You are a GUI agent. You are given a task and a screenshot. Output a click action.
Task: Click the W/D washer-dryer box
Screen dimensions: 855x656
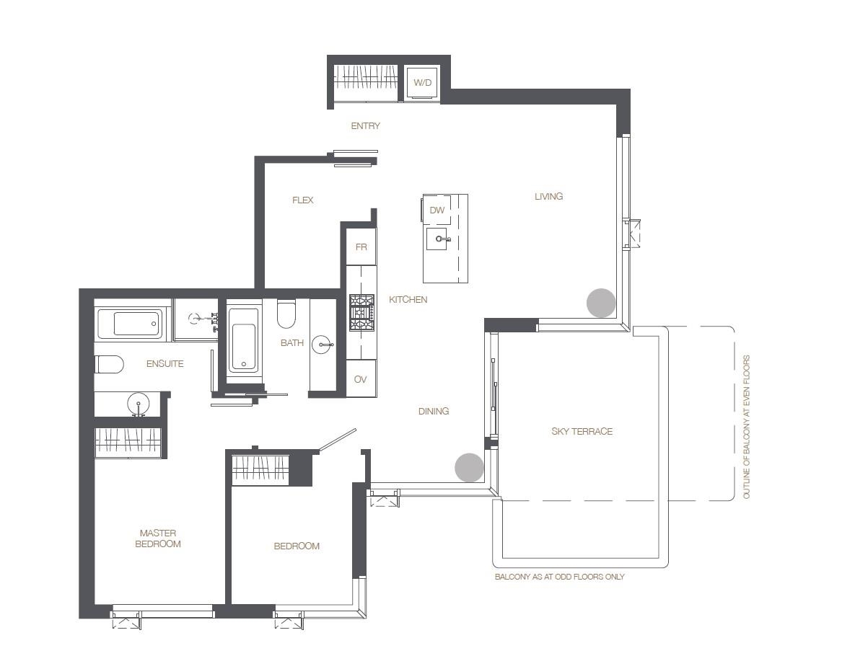(423, 83)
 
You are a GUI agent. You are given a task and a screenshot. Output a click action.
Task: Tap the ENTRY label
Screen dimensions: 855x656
(365, 126)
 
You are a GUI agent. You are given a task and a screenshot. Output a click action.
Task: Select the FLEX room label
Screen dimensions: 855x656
(302, 200)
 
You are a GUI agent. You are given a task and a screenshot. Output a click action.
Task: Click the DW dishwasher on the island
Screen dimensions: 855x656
(437, 210)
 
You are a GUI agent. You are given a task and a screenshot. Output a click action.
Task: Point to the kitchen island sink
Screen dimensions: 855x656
(437, 239)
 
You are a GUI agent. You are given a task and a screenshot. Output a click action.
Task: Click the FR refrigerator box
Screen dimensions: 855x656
(361, 247)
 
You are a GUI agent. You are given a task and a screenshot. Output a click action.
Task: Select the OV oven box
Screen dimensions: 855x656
(361, 378)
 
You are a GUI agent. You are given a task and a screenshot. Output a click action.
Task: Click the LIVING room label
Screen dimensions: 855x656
(548, 196)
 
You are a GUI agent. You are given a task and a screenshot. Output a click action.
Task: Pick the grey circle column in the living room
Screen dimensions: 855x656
(601, 302)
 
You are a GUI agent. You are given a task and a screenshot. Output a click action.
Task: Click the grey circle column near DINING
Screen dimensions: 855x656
(470, 467)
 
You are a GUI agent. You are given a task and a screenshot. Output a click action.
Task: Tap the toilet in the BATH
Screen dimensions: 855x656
(286, 314)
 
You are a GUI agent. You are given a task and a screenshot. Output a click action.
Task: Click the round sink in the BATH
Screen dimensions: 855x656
(323, 345)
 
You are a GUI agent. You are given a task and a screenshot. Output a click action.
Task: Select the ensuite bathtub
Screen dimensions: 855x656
(130, 324)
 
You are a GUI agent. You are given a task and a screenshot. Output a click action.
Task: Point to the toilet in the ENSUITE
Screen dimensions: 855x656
(109, 364)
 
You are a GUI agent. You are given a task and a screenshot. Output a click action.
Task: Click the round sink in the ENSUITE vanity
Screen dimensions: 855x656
(138, 404)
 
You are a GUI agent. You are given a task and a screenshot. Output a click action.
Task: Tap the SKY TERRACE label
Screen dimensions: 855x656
(582, 432)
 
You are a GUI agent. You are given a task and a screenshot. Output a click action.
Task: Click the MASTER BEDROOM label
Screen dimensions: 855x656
(157, 538)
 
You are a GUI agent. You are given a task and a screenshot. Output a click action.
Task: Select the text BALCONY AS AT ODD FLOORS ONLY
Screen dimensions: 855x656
(559, 577)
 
